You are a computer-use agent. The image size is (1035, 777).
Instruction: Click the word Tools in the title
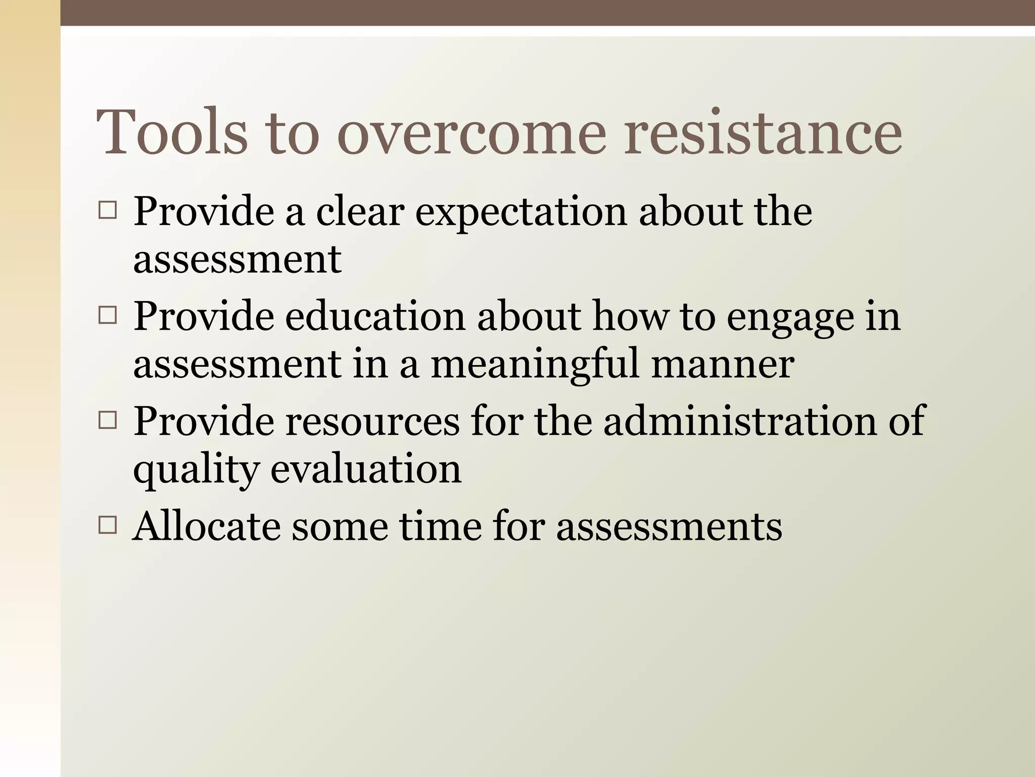coord(172,133)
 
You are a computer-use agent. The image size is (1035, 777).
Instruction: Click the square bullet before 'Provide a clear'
coord(108,210)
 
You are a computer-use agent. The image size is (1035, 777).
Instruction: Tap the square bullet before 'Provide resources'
coord(108,420)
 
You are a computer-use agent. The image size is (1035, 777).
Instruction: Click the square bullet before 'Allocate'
coord(108,526)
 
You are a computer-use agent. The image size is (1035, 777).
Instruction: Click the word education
coord(374,317)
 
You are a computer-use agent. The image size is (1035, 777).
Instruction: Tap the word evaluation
coord(366,468)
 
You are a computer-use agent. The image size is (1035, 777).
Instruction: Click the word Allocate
coord(206,526)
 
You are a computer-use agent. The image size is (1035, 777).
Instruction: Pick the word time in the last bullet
coord(440,526)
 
